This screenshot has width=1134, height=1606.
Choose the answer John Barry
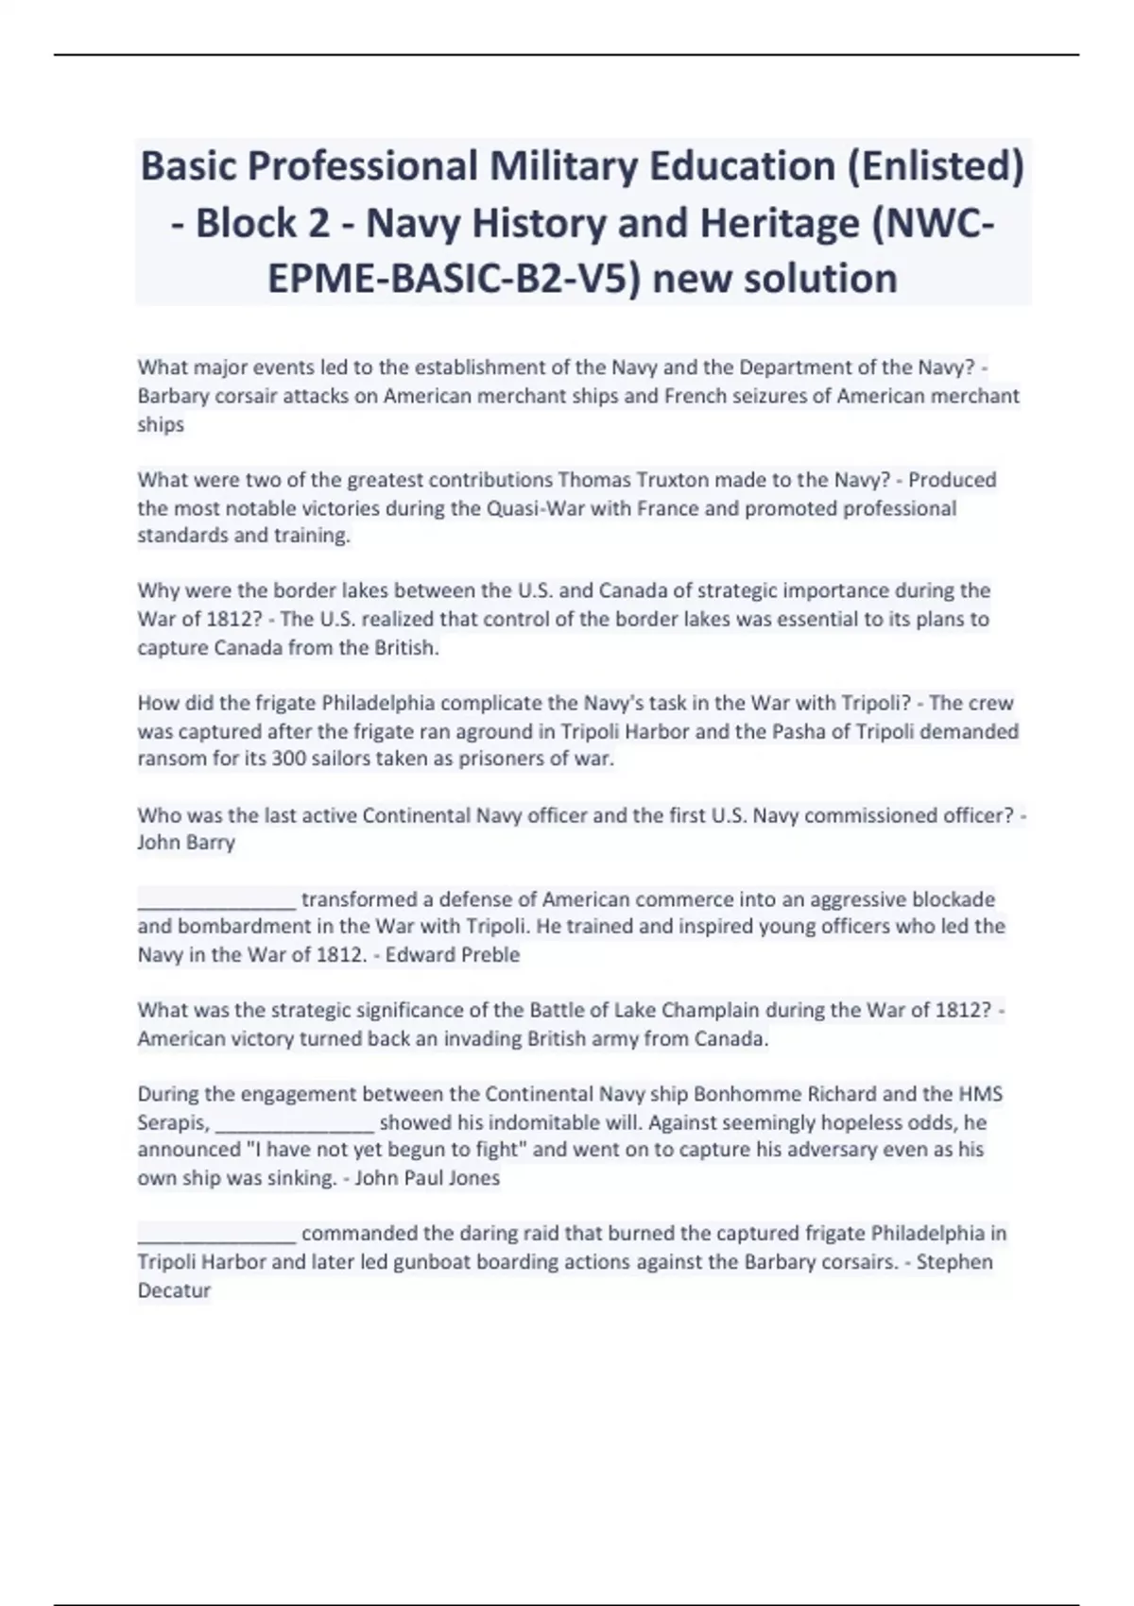[186, 843]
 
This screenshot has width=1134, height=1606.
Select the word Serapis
[173, 1122]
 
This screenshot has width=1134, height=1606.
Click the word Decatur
[174, 1290]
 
